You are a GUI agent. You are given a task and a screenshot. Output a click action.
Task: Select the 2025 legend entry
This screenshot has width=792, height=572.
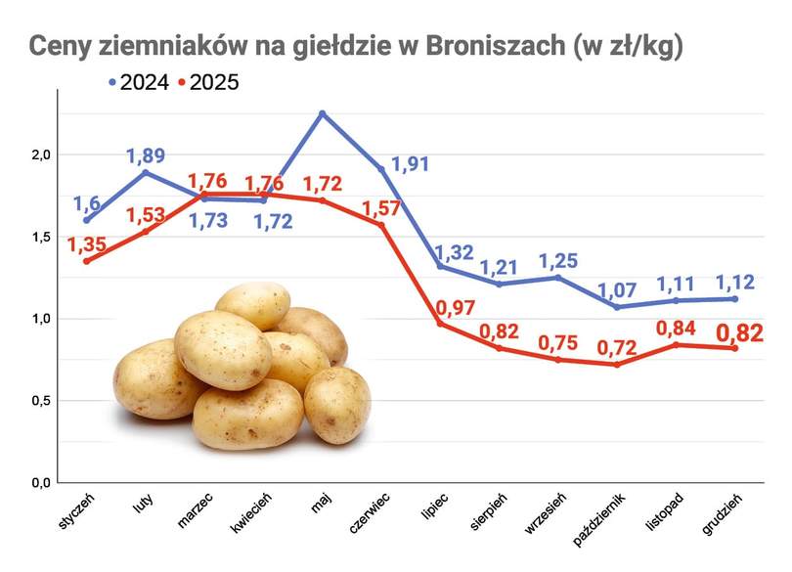209,83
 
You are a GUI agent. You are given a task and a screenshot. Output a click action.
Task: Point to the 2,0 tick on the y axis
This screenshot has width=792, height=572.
40,155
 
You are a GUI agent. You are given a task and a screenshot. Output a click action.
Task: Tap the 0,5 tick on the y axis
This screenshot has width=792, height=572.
40,401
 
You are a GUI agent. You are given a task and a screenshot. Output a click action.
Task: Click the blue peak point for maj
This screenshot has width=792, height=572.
322,113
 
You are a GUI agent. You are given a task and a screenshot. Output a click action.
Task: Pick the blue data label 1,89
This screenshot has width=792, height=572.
146,155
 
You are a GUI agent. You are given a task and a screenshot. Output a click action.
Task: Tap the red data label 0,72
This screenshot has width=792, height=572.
618,347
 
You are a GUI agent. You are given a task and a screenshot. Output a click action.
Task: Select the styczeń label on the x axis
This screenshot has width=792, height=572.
75,510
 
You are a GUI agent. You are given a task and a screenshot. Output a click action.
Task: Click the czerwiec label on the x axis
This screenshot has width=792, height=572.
371,512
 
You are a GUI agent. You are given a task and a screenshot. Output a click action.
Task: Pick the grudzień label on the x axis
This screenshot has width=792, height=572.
724,512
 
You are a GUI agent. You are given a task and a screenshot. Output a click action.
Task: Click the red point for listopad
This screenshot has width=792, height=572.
676,344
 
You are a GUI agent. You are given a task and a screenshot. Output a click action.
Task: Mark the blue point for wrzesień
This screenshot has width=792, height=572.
558,277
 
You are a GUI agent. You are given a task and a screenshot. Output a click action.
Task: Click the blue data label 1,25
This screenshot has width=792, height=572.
559,261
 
